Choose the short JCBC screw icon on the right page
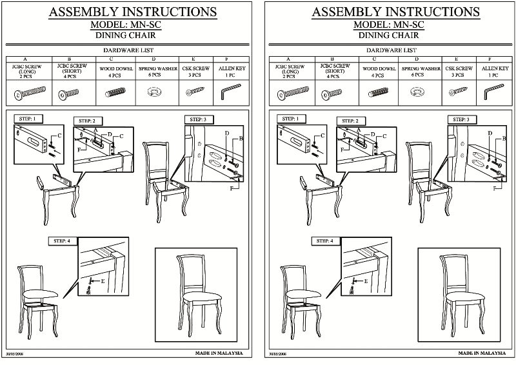click(x=330, y=95)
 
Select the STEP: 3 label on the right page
click(x=459, y=119)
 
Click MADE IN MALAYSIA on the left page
click(x=219, y=353)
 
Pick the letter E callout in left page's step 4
click(x=101, y=281)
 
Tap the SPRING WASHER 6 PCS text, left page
click(x=154, y=70)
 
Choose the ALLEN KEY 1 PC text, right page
click(x=494, y=70)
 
